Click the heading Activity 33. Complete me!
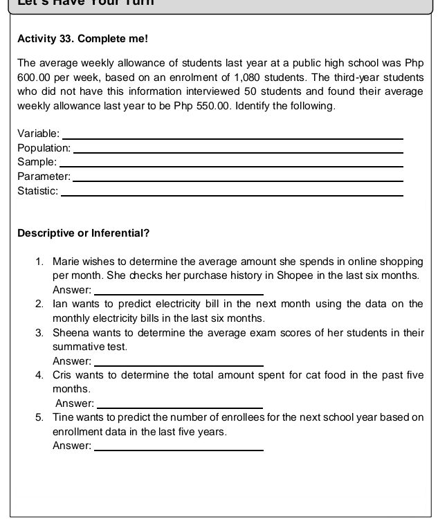tap(82, 38)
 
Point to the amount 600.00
tap(34, 77)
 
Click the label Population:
tap(44, 148)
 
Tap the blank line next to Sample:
tap(231, 164)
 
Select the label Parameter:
tap(43, 176)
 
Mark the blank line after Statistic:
tap(232, 193)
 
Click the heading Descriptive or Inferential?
tap(83, 233)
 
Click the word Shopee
tap(318, 275)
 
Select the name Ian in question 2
tap(60, 304)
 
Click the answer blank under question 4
tap(181, 406)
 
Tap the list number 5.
tap(39, 417)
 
